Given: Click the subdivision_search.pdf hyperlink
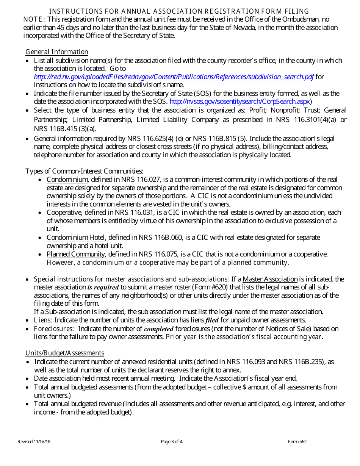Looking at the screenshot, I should click(174, 77).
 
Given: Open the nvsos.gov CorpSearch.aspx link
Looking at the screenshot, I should click(240, 102).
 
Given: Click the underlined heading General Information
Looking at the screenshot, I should click(57, 52).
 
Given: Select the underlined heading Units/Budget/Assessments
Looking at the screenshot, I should click(65, 353).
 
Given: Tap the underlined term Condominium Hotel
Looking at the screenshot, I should click(76, 238).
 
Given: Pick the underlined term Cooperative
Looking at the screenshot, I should click(64, 213).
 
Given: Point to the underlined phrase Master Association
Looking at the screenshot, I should click(270, 279).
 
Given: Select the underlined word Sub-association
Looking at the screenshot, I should click(67, 312).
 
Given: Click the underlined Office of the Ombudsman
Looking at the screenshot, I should click(282, 19).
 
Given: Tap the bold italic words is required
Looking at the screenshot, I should click(103, 288).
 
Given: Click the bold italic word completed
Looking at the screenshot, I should click(158, 328).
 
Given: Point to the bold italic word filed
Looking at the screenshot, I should click(212, 321).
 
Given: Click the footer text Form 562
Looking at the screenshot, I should click(297, 442).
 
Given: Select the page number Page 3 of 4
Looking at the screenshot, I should click(172, 442).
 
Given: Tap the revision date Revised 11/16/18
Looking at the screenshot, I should click(31, 442).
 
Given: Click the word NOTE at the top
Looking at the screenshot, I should click(34, 19).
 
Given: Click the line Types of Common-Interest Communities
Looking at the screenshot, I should click(84, 171).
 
